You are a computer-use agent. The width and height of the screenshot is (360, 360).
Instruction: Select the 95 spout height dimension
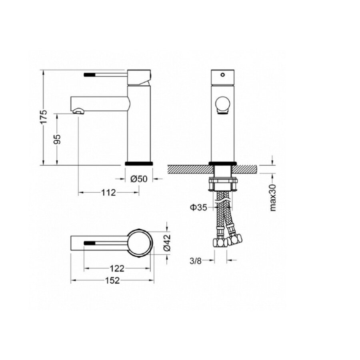point(57,139)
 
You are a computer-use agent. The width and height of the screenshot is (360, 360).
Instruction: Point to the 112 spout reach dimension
point(108,193)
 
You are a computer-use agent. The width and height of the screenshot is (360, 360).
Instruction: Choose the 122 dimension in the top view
point(116,268)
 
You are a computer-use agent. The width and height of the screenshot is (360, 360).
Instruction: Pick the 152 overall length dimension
point(113,280)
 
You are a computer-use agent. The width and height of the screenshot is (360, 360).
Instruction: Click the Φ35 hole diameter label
point(198,207)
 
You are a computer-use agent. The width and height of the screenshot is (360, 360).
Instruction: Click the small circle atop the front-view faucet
point(223,74)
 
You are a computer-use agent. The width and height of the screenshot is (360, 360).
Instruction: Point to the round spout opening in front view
point(222,105)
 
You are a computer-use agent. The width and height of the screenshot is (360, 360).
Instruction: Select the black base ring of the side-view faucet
point(139,163)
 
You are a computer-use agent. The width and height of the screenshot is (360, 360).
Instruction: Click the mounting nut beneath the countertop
point(222,185)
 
